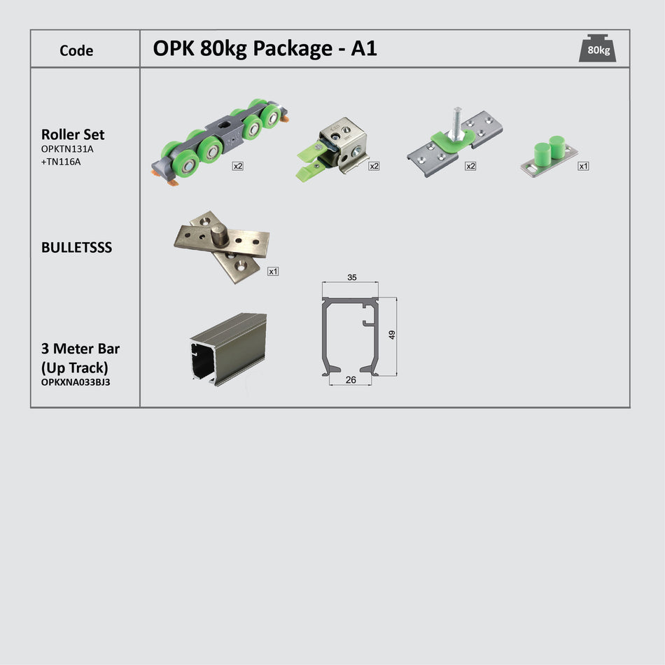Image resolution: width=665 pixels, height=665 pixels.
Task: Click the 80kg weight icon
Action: [x=597, y=48]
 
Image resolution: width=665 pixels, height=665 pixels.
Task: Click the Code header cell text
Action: [x=76, y=50]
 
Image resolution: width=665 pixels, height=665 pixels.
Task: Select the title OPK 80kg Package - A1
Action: [x=265, y=48]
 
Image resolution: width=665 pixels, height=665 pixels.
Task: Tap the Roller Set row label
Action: [x=73, y=134]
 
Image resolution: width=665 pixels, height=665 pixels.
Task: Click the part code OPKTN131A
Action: [x=66, y=148]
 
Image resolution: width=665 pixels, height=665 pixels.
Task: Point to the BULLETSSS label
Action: [x=76, y=248]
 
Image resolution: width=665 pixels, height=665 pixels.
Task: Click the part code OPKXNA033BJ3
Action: [x=76, y=382]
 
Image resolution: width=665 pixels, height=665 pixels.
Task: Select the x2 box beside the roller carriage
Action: [x=238, y=166]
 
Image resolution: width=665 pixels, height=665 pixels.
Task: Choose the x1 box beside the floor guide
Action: [x=583, y=166]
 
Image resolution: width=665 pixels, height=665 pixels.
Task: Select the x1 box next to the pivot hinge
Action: [x=273, y=271]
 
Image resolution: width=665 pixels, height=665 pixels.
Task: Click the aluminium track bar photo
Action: [x=228, y=348]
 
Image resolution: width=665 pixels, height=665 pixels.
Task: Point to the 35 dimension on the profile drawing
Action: [x=351, y=277]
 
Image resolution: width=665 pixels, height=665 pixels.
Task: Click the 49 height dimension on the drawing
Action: [x=392, y=335]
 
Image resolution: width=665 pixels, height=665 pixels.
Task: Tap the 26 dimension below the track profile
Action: [x=350, y=380]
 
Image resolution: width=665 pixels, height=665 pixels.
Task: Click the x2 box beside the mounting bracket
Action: [x=470, y=166]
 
